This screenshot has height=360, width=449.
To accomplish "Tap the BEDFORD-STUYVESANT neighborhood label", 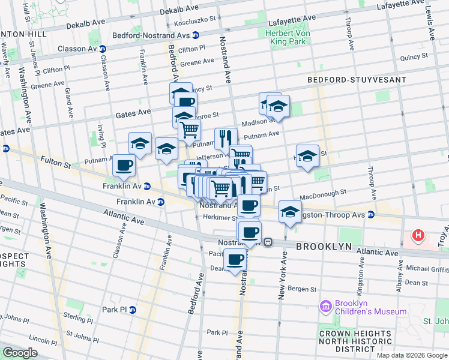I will [x=348, y=79].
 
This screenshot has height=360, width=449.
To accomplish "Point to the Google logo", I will [x=20, y=353].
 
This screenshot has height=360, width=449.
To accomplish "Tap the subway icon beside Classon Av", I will [x=103, y=49].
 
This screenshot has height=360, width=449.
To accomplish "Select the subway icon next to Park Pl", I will [x=133, y=310].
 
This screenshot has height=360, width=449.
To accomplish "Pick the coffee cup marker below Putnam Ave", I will [x=124, y=165].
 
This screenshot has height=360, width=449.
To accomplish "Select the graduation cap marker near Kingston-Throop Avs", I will [x=290, y=212].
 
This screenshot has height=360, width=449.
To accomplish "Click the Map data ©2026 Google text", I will [x=411, y=355].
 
